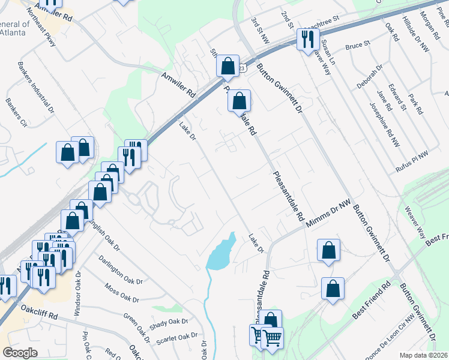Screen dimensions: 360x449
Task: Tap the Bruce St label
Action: [355, 46]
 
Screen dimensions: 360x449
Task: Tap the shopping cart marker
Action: [273, 338]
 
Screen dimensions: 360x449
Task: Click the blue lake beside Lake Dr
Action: [221, 252]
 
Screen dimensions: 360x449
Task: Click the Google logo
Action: [20, 352]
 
